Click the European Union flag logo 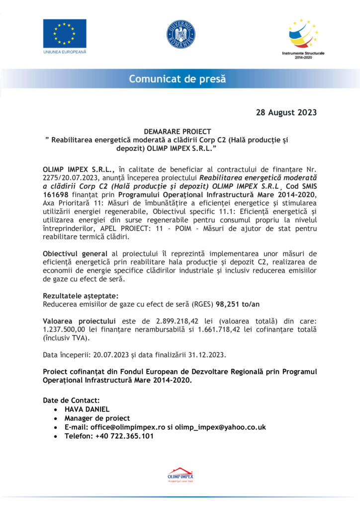coord(65,34)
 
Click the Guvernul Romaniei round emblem coord(180,34)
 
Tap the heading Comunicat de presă coord(178,79)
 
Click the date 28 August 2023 coord(286,112)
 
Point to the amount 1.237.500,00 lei coord(76,330)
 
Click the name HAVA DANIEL coord(88,409)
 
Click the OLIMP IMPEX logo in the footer coord(180,475)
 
